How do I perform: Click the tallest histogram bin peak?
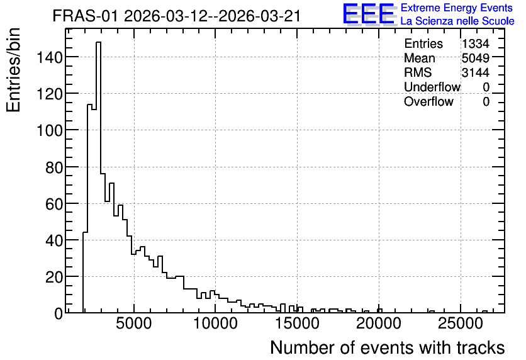coord(98,42)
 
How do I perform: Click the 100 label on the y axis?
coord(49,130)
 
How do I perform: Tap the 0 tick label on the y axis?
coord(59,313)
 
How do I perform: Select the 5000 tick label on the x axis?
coord(134,323)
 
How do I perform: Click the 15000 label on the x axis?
coord(297,323)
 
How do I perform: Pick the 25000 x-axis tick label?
coord(461,323)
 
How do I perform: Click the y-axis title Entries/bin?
coord(13,70)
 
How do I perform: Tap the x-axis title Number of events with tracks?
coord(388,347)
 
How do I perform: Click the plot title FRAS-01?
coord(85,16)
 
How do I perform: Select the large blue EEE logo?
coord(369,14)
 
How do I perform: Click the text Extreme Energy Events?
coord(457,8)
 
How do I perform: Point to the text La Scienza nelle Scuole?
coord(457,21)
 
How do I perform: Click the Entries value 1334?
coord(475,43)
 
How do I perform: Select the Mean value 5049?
coord(475,58)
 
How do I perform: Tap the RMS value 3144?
coord(475,72)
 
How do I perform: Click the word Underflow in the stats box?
coord(432,87)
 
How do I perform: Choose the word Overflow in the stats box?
coord(428,101)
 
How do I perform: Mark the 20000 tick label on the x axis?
coord(379,323)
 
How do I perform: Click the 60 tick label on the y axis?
coord(54,204)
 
